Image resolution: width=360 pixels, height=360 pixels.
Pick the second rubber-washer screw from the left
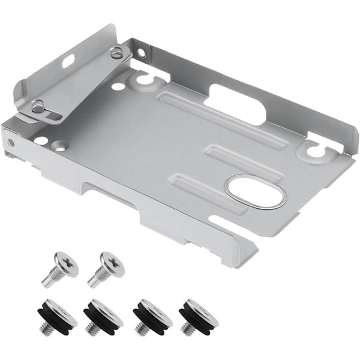(103, 314)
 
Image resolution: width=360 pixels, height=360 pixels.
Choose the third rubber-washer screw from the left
(152, 314)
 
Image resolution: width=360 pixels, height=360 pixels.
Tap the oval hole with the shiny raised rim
(255, 191)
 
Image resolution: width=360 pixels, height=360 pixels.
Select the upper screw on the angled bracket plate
(116, 55)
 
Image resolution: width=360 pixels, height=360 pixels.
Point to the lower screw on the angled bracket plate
(37, 106)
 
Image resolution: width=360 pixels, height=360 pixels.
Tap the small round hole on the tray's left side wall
(11, 143)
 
